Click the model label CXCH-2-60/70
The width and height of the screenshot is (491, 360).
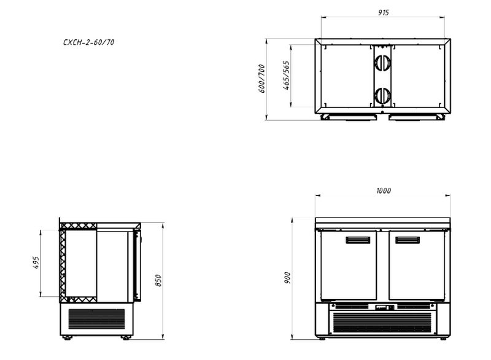click(x=88, y=42)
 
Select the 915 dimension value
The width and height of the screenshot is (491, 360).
click(x=383, y=12)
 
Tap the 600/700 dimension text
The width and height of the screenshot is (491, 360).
click(x=262, y=79)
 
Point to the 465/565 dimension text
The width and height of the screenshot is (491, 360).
click(x=287, y=76)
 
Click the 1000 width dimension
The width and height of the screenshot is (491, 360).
click(x=383, y=190)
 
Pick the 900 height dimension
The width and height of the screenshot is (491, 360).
click(x=287, y=278)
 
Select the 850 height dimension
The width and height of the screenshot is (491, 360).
click(x=158, y=281)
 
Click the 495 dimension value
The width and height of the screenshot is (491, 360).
click(x=36, y=262)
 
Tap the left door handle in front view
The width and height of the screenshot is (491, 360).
click(x=358, y=240)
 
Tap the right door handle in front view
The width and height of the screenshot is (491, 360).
click(x=408, y=240)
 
